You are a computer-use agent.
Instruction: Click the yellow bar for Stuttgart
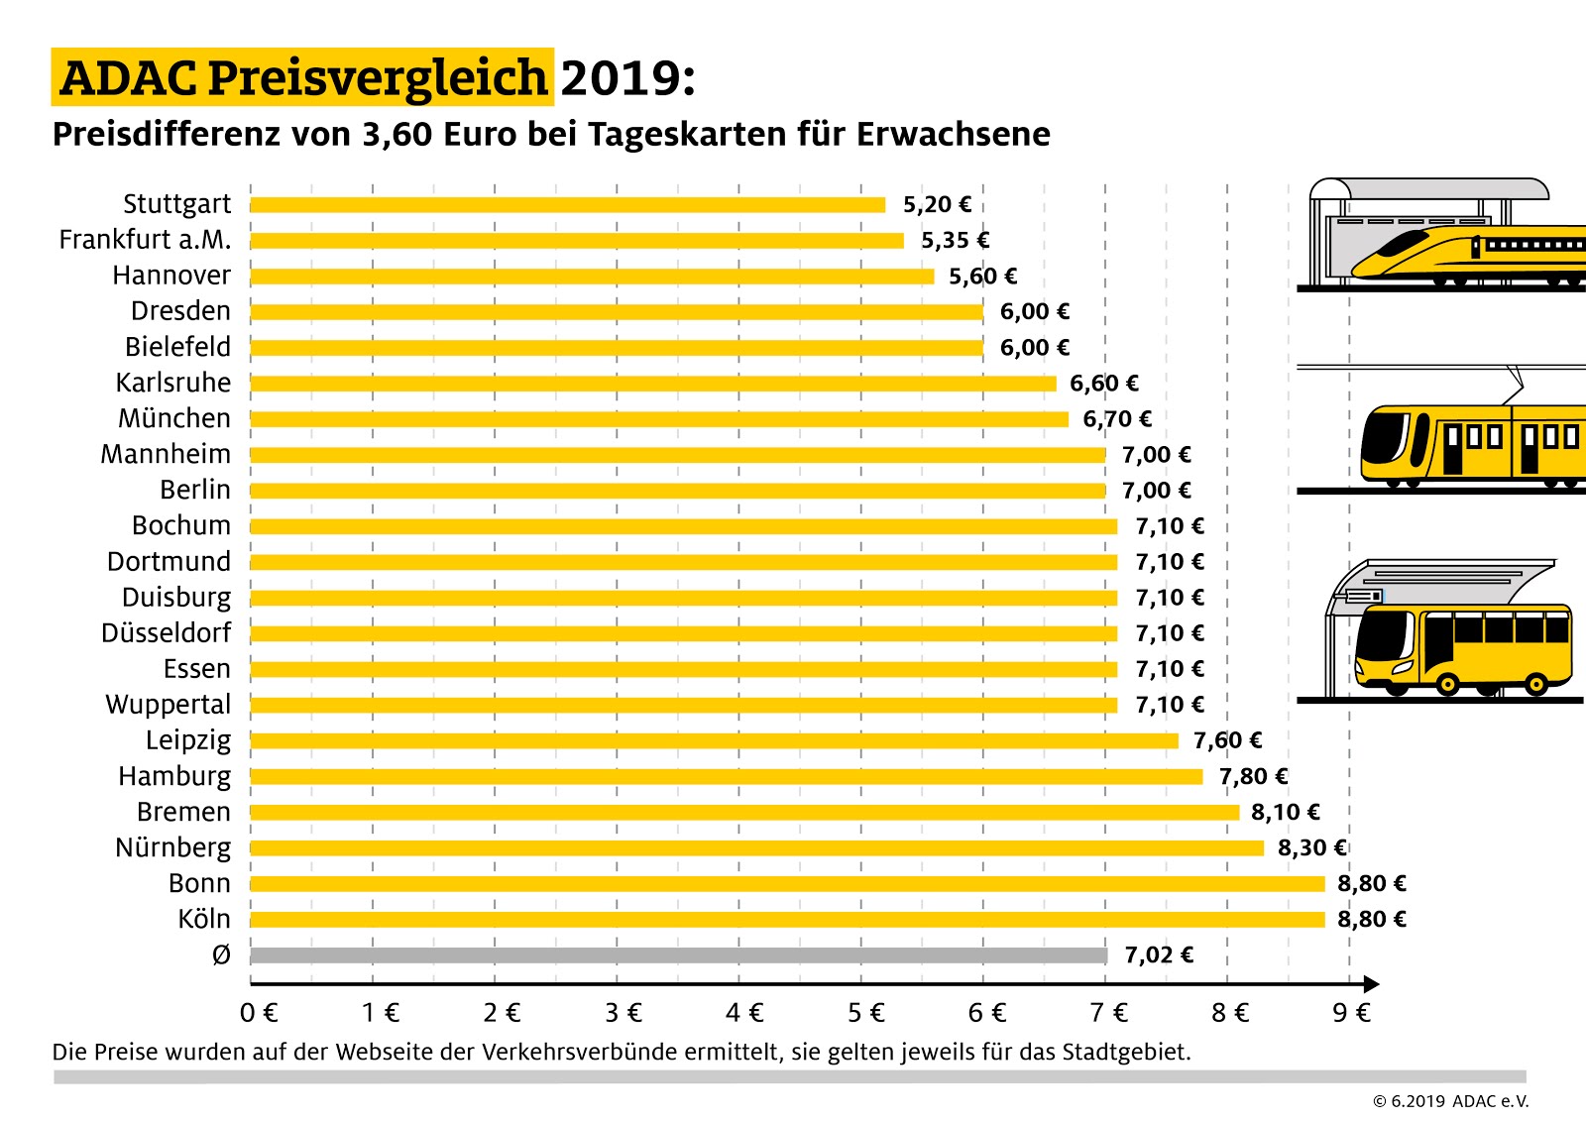click(x=567, y=205)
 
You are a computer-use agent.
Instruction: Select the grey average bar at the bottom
click(x=678, y=955)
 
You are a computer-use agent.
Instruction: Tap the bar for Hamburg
click(x=726, y=776)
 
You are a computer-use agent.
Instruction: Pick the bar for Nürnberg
click(x=756, y=847)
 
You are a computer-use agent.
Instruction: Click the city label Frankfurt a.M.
click(x=145, y=240)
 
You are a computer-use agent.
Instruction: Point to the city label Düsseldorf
click(x=166, y=632)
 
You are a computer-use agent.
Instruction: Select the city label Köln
click(x=203, y=919)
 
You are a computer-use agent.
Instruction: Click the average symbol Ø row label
click(x=221, y=954)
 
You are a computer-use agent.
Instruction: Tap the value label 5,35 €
click(x=955, y=240)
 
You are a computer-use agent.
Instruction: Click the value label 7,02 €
click(x=1158, y=954)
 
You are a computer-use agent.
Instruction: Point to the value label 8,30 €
click(x=1311, y=847)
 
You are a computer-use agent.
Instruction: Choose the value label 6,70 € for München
click(x=1116, y=418)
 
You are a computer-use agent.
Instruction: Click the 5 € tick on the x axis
click(x=865, y=1012)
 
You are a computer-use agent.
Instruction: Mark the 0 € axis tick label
click(x=259, y=1012)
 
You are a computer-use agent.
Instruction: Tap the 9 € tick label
click(x=1351, y=1012)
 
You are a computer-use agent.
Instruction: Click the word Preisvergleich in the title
click(x=377, y=78)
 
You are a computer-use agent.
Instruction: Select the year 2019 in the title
click(x=626, y=78)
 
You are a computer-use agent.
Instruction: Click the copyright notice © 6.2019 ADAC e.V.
click(x=1450, y=1101)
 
